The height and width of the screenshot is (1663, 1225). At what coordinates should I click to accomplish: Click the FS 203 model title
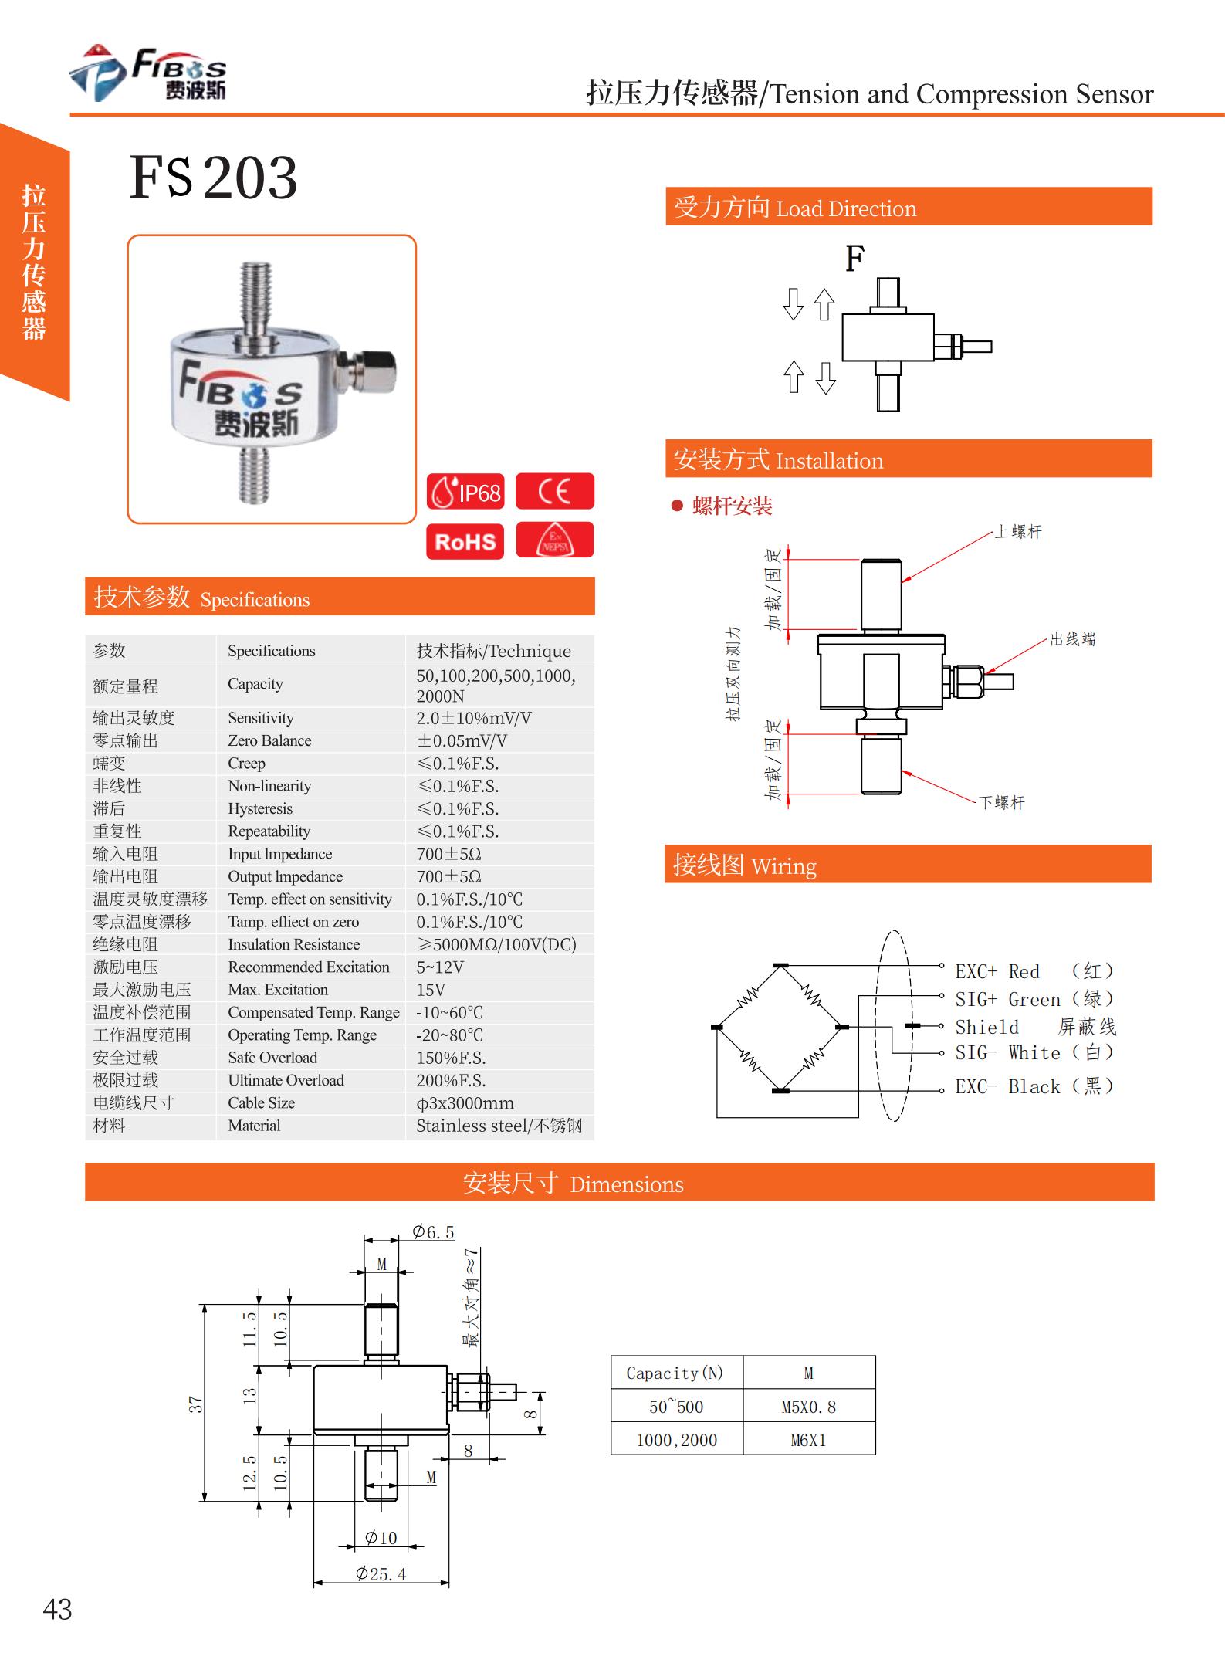pyautogui.click(x=212, y=178)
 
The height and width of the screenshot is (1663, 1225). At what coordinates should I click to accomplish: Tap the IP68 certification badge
pyautogui.click(x=465, y=492)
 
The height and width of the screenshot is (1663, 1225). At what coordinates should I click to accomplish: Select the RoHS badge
pyautogui.click(x=465, y=541)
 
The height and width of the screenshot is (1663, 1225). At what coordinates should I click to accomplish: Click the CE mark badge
pyautogui.click(x=554, y=491)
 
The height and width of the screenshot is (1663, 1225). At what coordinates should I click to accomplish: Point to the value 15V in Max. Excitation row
pyautogui.click(x=431, y=990)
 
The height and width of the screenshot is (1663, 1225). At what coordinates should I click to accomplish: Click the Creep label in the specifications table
pyautogui.click(x=246, y=764)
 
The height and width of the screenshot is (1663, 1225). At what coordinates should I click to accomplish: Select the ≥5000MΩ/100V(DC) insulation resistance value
pyautogui.click(x=496, y=944)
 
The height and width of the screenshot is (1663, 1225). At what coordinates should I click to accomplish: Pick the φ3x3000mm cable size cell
pyautogui.click(x=465, y=1103)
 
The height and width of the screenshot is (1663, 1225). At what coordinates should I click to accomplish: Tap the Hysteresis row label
pyautogui.click(x=260, y=808)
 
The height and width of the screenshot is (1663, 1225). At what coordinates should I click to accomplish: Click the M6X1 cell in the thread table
pyautogui.click(x=808, y=1440)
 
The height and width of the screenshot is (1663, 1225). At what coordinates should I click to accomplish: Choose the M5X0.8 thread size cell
pyautogui.click(x=808, y=1407)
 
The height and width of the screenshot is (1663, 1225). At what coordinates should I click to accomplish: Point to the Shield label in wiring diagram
pyautogui.click(x=986, y=1028)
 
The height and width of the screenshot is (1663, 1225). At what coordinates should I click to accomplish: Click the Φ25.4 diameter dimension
pyautogui.click(x=381, y=1573)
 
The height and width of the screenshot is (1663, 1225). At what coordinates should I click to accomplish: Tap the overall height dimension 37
pyautogui.click(x=196, y=1404)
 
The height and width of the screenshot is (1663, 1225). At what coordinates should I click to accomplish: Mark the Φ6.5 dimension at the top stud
pyautogui.click(x=433, y=1232)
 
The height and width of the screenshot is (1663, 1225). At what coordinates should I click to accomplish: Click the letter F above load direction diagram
pyautogui.click(x=854, y=259)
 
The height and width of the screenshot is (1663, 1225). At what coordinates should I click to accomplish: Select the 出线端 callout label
pyautogui.click(x=1072, y=639)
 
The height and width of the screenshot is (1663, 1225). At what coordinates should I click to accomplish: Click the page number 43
pyautogui.click(x=58, y=1610)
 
